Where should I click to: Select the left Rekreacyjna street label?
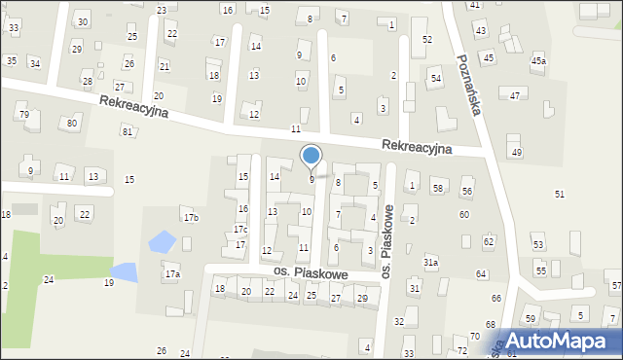[x=132, y=106]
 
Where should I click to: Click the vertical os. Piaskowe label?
[x=386, y=243]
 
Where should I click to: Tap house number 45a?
[x=538, y=61]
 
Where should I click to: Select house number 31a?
[x=430, y=263]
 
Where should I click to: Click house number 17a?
[x=172, y=275]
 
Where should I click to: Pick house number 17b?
[x=191, y=217]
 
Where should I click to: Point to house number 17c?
[x=239, y=230]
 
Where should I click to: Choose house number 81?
[x=127, y=131]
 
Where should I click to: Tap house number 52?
[x=426, y=39]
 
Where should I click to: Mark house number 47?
[x=515, y=95]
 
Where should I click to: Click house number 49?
[x=517, y=153]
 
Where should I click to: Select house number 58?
[x=438, y=187]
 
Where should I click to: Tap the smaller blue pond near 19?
[x=124, y=270]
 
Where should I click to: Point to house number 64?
[x=482, y=274]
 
